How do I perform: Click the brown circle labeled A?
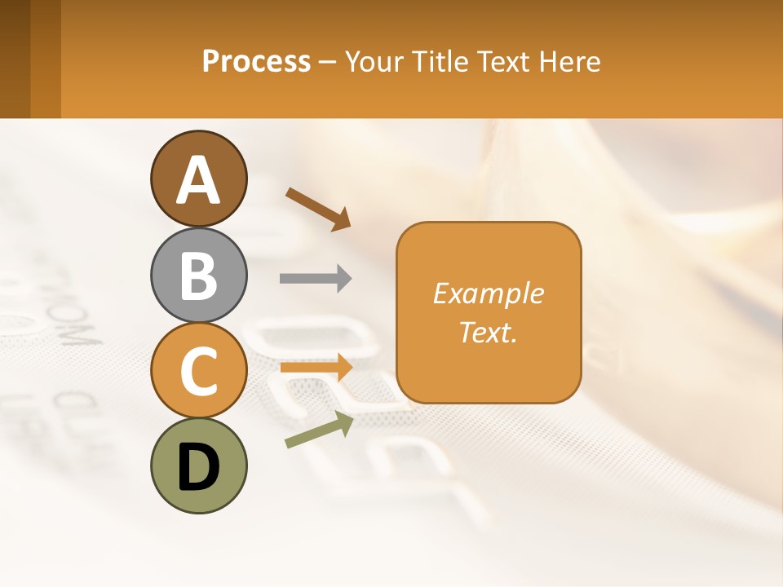coord(199,179)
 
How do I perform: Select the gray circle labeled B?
coord(199,275)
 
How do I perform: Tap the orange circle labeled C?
coord(199,370)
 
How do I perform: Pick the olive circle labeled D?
coord(199,466)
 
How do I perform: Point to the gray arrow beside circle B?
coord(315,279)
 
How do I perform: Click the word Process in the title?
coord(256,61)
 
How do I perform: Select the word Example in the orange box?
coord(488,293)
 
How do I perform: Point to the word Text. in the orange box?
coord(488,332)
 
